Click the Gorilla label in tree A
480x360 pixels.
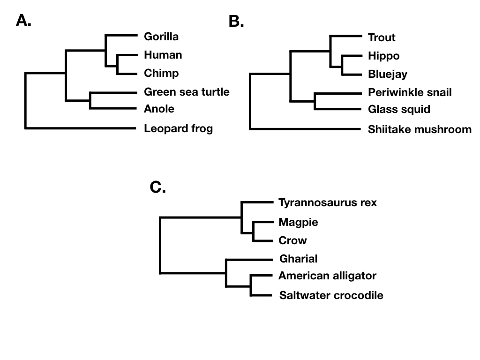coord(161,37)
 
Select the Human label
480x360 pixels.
coord(163,55)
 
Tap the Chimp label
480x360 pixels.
coord(161,73)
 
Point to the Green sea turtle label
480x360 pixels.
coord(187,92)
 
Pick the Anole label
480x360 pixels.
coord(159,109)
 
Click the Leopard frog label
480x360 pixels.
coord(178,128)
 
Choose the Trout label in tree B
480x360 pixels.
coord(382,37)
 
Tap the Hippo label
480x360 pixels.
coord(384,56)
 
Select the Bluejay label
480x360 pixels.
coord(388,74)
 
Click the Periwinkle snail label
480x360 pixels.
coord(410,92)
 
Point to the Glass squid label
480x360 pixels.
coord(399,110)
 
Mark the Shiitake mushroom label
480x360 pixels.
coord(420,129)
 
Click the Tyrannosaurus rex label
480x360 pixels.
coord(328,202)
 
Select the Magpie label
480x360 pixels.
coord(298,222)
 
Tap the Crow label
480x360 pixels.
coord(292,240)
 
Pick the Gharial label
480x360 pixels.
coord(299,259)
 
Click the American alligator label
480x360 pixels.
coord(327,276)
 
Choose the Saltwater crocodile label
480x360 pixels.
coord(331,295)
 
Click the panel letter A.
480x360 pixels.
coord(23,21)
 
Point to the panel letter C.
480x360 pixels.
coord(157,187)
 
